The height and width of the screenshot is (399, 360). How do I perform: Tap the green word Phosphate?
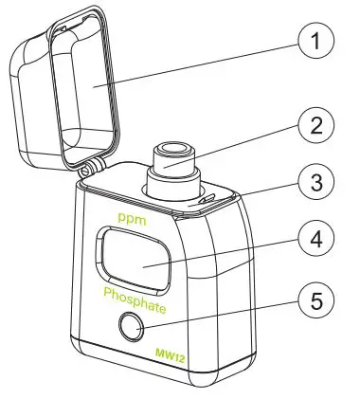point(135,308)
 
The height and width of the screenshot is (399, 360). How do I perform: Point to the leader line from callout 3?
point(251,191)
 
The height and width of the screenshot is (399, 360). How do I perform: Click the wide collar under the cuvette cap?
point(171,182)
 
